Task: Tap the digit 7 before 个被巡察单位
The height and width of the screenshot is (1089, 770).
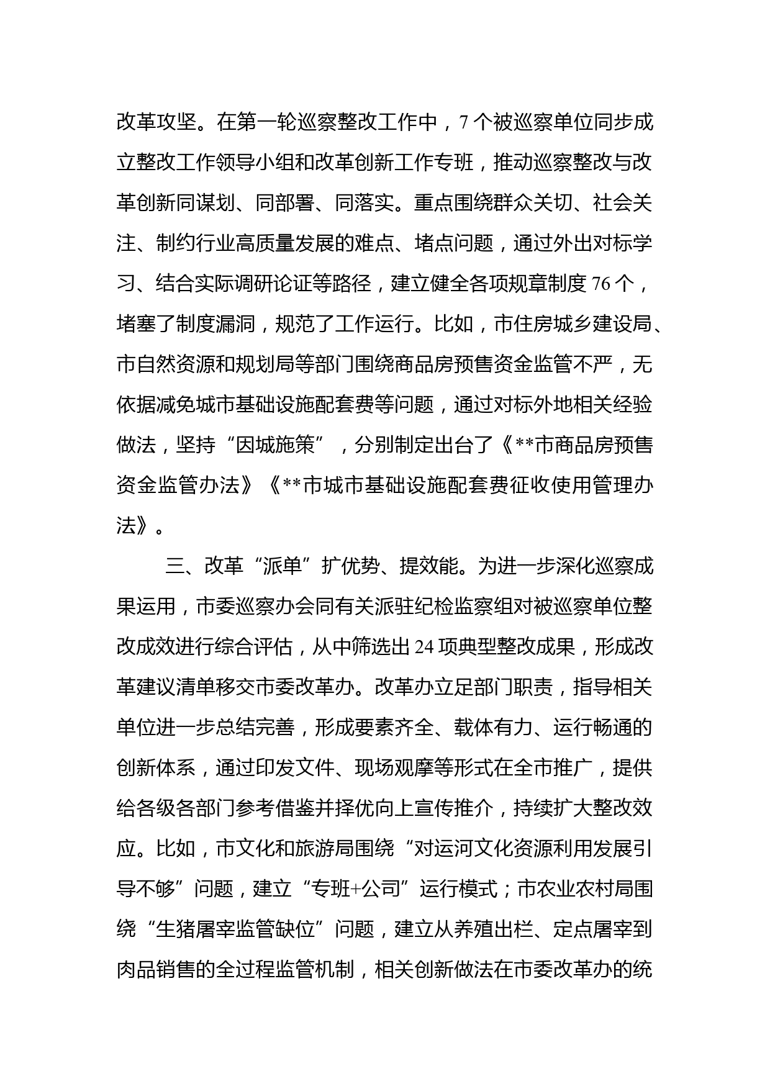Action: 462,122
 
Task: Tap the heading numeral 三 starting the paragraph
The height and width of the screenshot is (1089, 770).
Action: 175,567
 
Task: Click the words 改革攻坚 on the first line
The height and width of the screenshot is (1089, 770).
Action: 156,122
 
